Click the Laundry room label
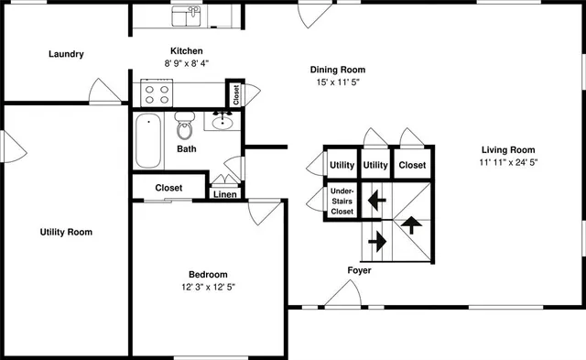66,54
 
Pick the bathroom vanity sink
222,121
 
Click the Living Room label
508,150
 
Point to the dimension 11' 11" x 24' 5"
508,163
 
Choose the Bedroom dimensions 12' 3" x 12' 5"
208,287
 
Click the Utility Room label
66,232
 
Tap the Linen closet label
225,194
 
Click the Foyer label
359,270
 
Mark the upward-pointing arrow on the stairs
411,224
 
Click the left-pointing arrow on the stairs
374,198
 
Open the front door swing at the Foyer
342,295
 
